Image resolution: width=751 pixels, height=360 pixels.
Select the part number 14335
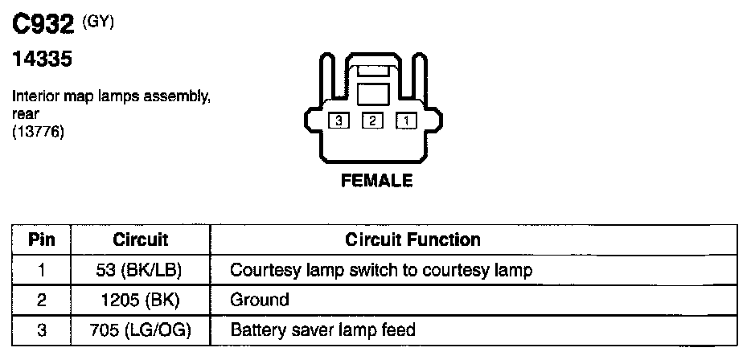point(41,60)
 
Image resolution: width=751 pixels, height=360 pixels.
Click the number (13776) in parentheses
point(39,130)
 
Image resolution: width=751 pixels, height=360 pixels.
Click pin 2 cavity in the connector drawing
point(372,121)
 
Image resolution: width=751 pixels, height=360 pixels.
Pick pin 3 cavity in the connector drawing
point(339,121)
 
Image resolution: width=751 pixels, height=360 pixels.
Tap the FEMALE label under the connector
point(377,181)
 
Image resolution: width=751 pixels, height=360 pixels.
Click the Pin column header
point(41,239)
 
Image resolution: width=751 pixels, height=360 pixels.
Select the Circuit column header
point(141,239)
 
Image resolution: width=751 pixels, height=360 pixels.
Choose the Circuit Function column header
point(412,239)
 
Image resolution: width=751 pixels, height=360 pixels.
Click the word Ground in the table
point(260,301)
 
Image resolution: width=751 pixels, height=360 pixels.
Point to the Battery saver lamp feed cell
point(322,330)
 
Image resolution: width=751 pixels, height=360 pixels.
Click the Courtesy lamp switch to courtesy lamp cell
point(381,270)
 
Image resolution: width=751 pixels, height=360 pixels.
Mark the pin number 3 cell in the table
point(41,330)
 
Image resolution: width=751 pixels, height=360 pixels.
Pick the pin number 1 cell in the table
point(41,270)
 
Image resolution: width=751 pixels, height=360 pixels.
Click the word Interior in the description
point(35,97)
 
